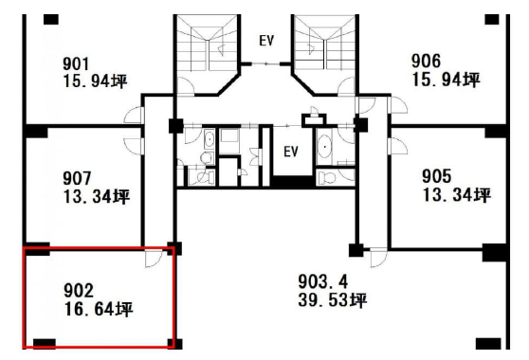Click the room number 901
tap(76, 64)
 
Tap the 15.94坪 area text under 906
tap(446, 80)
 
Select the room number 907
tap(77, 178)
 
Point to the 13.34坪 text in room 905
tap(457, 195)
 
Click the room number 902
tap(79, 291)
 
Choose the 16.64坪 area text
tap(99, 309)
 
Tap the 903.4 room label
tap(323, 281)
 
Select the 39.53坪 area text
tap(333, 300)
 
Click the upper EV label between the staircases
tap(266, 41)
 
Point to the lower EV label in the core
tap(291, 152)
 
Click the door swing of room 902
tap(154, 259)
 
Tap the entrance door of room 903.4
tap(378, 258)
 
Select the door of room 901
tap(135, 115)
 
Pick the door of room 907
tap(135, 146)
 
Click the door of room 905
tap(397, 146)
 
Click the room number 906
tap(426, 62)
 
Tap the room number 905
tap(436, 176)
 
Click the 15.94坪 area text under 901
tap(96, 81)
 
